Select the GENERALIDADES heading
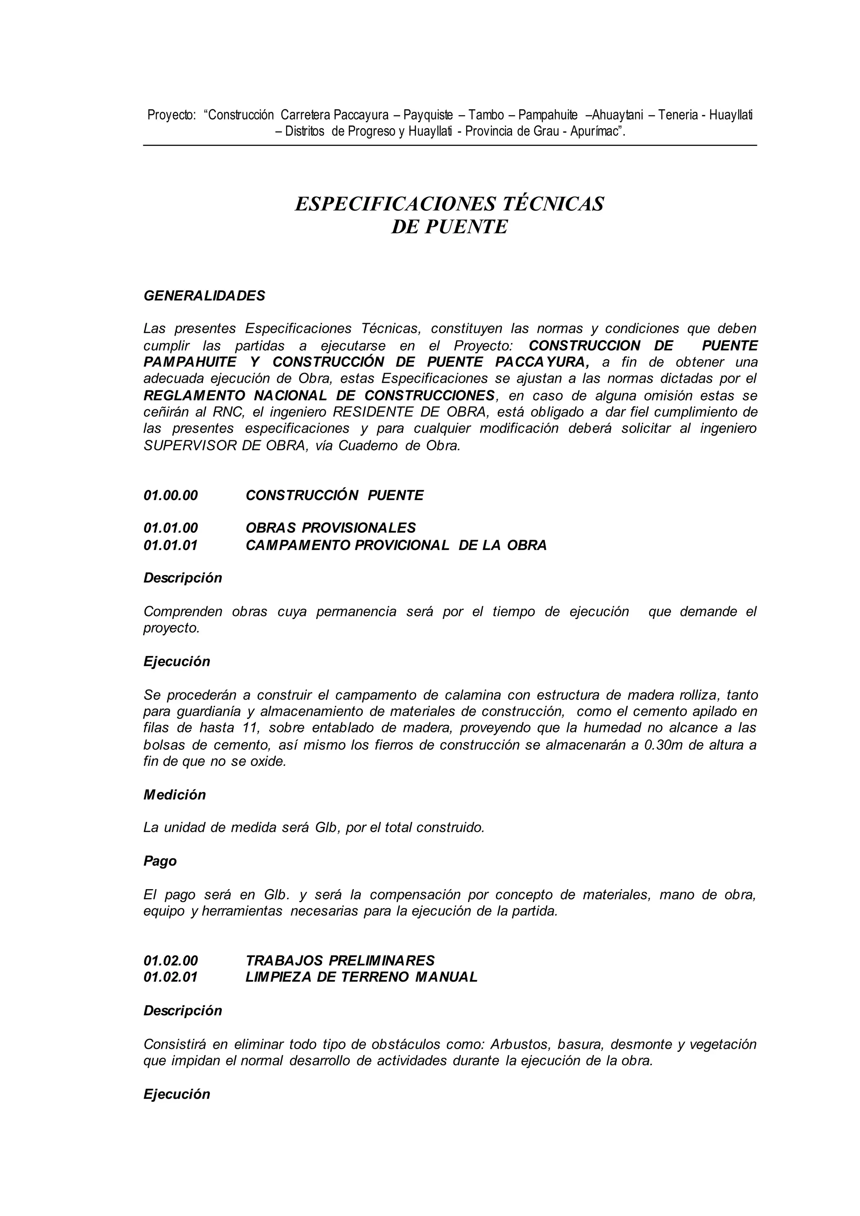[x=205, y=296]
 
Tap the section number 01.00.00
[x=170, y=495]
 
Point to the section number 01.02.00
[x=170, y=960]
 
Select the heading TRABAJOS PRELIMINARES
[x=340, y=960]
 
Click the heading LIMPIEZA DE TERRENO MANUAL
[x=362, y=976]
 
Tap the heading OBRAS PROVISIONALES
[x=331, y=528]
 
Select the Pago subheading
[x=160, y=861]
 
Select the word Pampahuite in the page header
[x=548, y=114]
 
